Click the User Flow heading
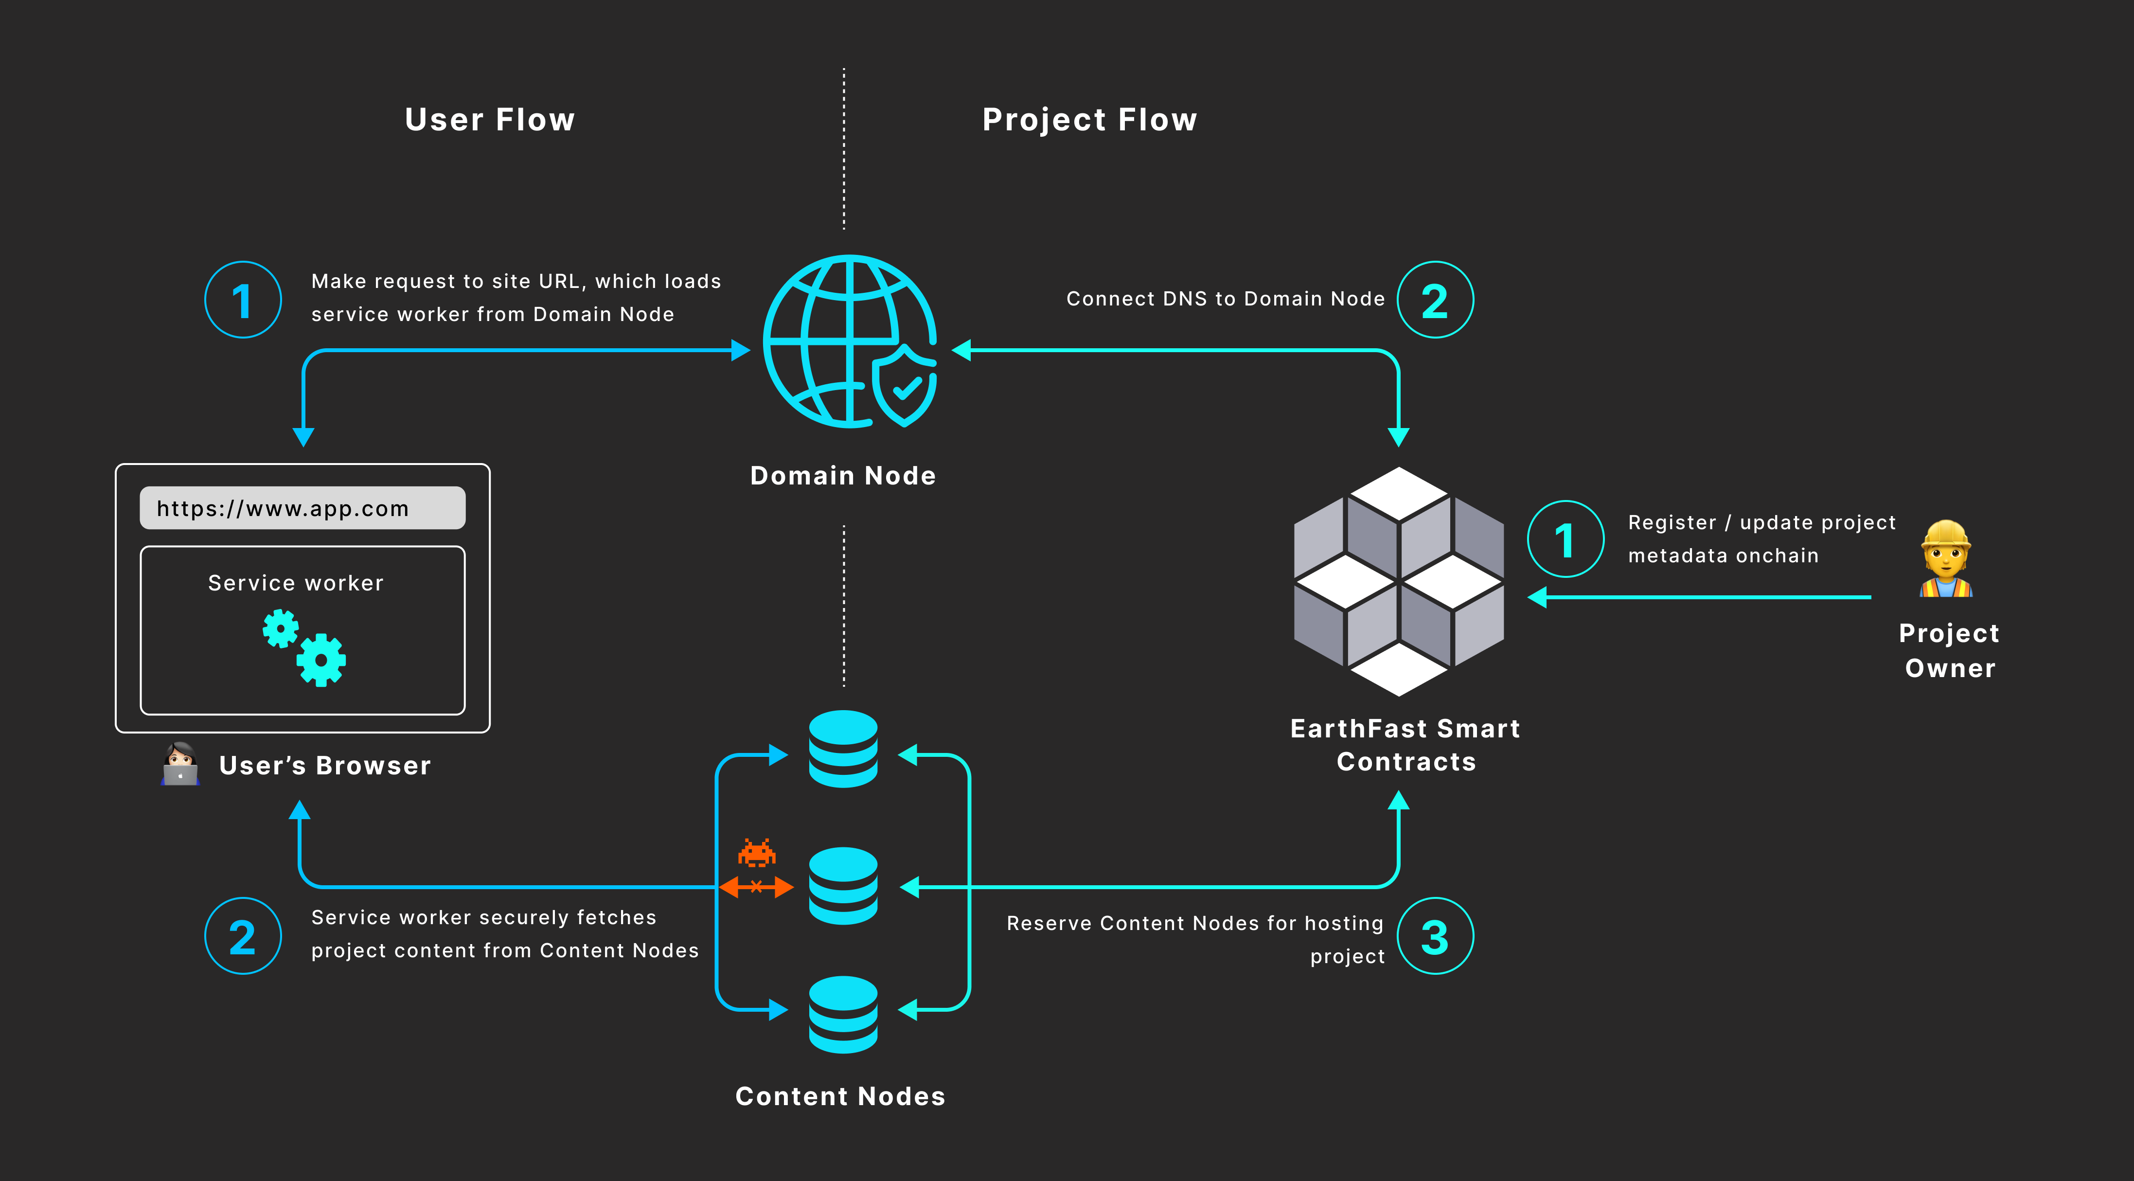coord(490,120)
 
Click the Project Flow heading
coord(1089,120)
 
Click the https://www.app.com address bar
coord(302,508)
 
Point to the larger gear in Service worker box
coord(321,660)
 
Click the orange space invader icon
coord(756,853)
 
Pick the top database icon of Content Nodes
coord(843,749)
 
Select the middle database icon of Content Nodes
coord(843,886)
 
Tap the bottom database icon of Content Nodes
coord(843,1015)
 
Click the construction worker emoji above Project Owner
coord(1946,559)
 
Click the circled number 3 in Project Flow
coord(1435,936)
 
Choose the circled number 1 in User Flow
coord(243,300)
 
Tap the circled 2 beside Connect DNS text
coord(1435,300)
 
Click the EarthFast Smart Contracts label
coord(1406,745)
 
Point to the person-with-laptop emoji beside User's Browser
coord(180,764)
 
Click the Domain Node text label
coord(842,476)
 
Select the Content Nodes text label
coord(840,1096)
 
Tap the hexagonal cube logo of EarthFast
coord(1398,581)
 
